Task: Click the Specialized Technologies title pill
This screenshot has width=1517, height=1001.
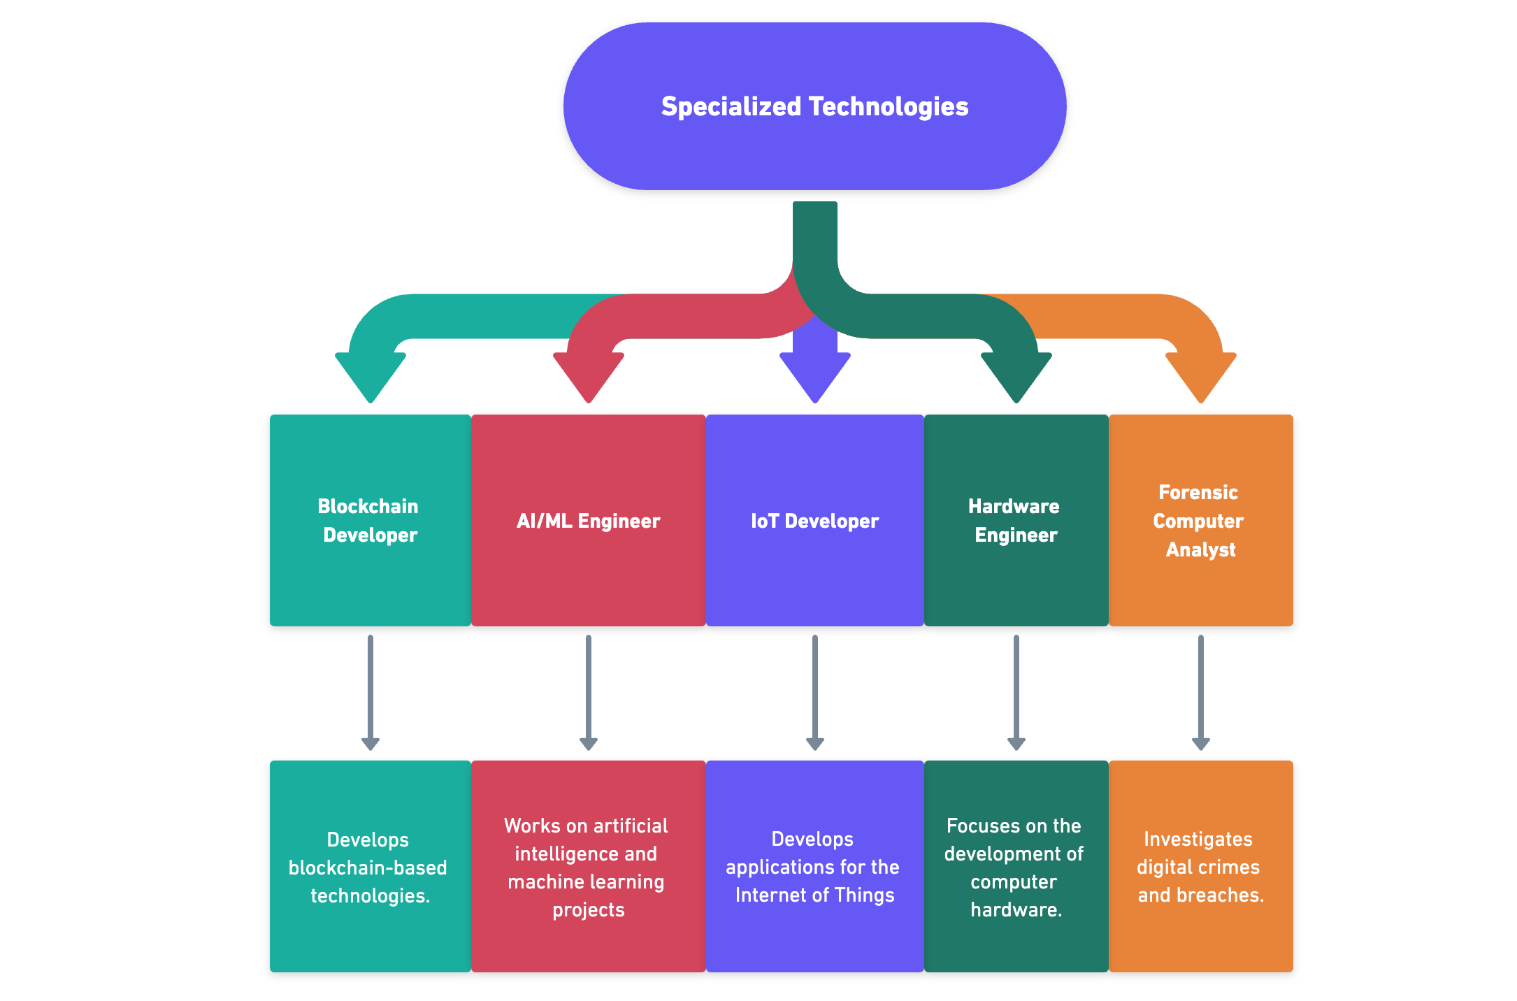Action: point(814,106)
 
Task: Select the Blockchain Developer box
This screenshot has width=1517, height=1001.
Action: point(370,520)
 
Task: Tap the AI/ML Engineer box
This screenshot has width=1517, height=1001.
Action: point(588,520)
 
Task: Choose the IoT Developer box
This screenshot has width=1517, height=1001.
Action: point(814,520)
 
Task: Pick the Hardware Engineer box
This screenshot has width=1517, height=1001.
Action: point(1016,520)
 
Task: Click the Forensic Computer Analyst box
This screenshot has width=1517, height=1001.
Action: point(1200,520)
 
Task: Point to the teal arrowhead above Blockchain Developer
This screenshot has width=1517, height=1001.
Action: point(371,375)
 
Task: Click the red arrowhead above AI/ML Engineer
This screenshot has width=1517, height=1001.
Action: point(589,375)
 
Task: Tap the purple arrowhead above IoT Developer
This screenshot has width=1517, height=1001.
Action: point(815,375)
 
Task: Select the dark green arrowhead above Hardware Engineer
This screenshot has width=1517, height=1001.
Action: point(1016,375)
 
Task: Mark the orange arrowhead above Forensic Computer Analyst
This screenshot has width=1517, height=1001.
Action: point(1201,375)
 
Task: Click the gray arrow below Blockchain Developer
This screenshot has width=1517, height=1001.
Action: point(371,692)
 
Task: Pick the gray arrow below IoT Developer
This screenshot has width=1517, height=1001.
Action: point(815,692)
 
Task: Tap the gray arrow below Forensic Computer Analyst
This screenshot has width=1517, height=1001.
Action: point(1201,692)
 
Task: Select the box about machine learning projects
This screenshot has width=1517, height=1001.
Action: point(588,867)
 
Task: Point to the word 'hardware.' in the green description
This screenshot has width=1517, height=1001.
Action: point(1016,909)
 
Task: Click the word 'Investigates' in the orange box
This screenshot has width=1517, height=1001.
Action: point(1198,839)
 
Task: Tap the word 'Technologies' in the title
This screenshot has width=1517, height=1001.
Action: point(888,106)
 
